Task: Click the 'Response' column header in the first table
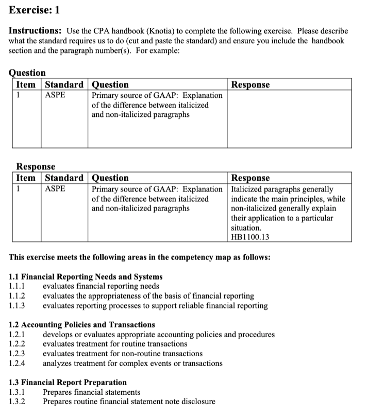[x=250, y=84]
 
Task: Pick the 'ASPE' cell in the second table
[x=56, y=189]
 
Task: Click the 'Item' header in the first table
[x=26, y=84]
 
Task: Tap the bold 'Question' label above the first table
[x=28, y=73]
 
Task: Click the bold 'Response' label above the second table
[x=36, y=167]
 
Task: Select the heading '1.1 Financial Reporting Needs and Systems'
[x=86, y=277]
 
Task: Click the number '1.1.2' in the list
[x=18, y=296]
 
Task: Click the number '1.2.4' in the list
[x=18, y=363]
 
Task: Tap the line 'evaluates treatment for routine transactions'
[x=115, y=344]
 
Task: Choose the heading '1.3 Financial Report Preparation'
[x=68, y=383]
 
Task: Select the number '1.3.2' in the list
[x=18, y=402]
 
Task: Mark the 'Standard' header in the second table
[x=64, y=178]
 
